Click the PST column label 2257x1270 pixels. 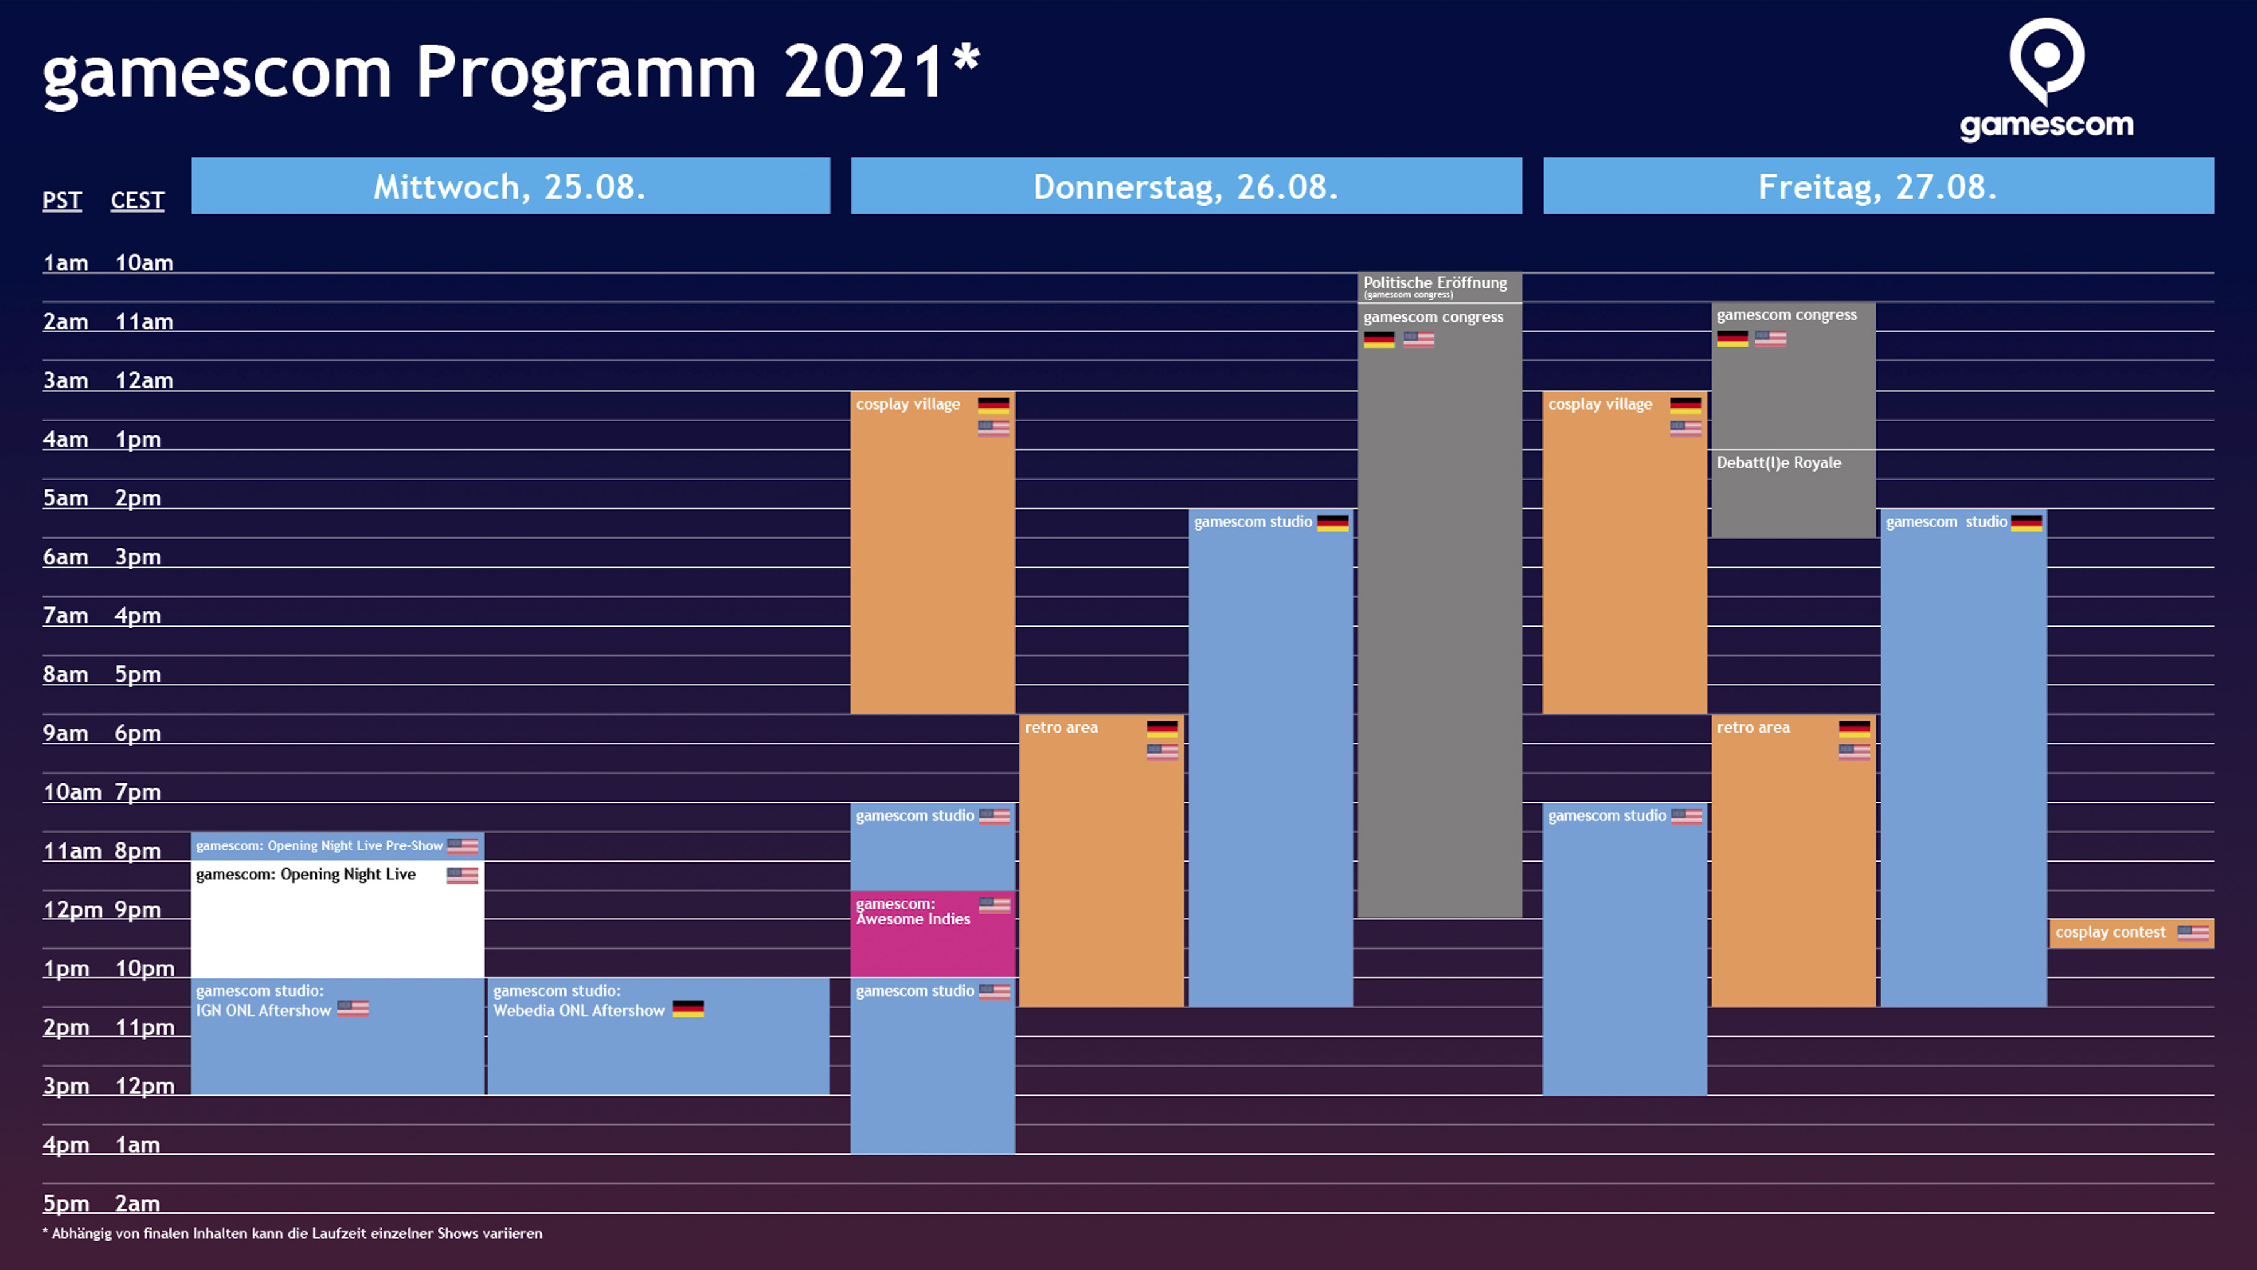point(62,201)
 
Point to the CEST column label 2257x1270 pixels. point(137,201)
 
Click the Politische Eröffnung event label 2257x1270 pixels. point(1434,283)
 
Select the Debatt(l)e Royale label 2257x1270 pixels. point(1779,463)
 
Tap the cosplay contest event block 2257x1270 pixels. point(2129,933)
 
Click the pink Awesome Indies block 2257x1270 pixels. point(932,933)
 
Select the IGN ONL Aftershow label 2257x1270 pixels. point(263,1010)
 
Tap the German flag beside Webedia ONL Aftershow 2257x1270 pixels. point(688,1010)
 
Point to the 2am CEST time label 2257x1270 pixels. point(137,1204)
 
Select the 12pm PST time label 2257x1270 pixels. point(72,910)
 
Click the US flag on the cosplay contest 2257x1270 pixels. point(2192,933)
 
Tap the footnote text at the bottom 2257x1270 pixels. point(293,1233)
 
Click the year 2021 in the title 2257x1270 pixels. point(863,72)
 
